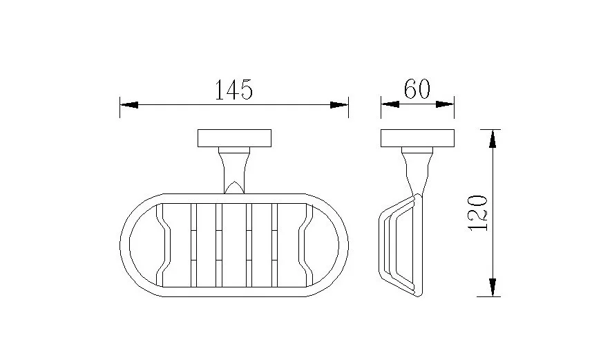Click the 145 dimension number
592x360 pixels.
233,90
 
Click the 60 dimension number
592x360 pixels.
417,88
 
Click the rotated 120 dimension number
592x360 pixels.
478,213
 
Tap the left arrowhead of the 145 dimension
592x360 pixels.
128,104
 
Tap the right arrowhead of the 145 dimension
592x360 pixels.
339,105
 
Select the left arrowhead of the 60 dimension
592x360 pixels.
390,104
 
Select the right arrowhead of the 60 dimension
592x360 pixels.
445,104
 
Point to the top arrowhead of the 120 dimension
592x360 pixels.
492,138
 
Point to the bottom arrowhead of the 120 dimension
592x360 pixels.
492,287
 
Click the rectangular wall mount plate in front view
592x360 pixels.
234,138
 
